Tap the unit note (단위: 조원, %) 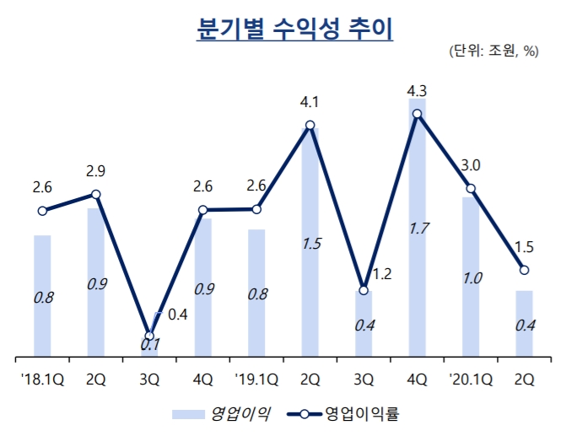coord(494,51)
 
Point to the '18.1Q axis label coord(42,379)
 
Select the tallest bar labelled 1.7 coord(417,228)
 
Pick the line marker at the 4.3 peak coord(417,113)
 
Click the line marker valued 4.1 coord(310,126)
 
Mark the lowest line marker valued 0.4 coord(149,336)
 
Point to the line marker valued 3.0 coord(471,188)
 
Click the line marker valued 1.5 coord(524,270)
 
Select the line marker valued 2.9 coord(96,195)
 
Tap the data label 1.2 coord(381,273)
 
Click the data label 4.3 coord(417,89)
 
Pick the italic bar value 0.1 coord(149,344)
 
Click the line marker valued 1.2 coord(364,290)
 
